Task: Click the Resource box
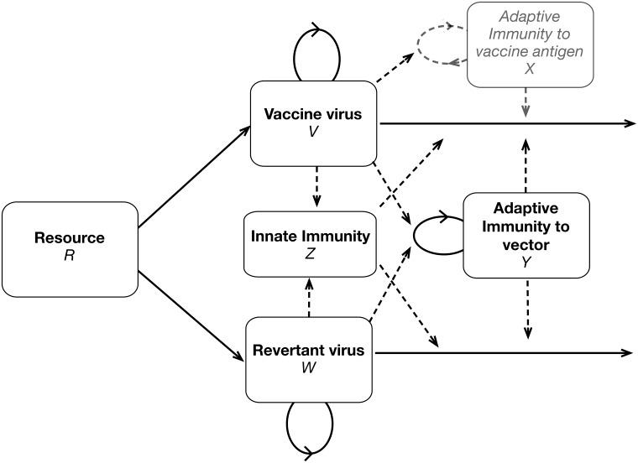(x=70, y=248)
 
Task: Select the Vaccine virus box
(x=316, y=122)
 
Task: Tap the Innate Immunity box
(x=309, y=244)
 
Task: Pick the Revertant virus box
(x=308, y=358)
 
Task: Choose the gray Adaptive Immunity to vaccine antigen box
(x=530, y=44)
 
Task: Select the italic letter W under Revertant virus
(x=308, y=367)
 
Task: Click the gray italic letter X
(x=530, y=70)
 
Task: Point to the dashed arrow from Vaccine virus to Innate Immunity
(x=316, y=186)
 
